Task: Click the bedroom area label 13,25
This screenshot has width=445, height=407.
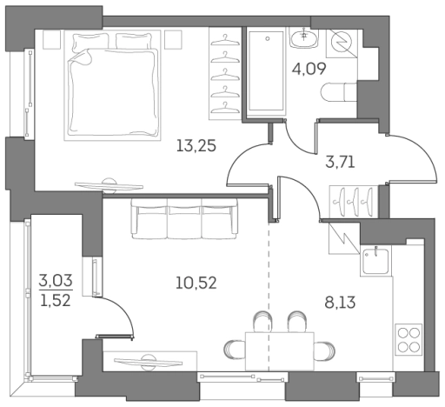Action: [x=196, y=145]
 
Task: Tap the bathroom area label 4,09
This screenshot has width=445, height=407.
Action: [x=309, y=69]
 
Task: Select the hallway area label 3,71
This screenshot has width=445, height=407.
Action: [x=340, y=162]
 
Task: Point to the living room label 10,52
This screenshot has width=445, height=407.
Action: [x=196, y=283]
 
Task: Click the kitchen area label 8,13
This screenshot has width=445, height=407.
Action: [x=340, y=303]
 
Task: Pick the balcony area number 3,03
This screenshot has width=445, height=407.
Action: [x=56, y=281]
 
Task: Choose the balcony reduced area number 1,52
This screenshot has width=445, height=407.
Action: [x=56, y=301]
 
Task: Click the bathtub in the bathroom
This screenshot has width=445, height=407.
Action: [x=266, y=71]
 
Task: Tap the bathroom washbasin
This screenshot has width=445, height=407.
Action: [x=303, y=37]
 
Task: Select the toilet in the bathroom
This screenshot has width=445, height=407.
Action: [x=339, y=92]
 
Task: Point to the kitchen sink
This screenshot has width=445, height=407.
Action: [x=375, y=261]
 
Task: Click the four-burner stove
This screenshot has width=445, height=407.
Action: [x=408, y=339]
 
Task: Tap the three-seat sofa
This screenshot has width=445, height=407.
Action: [x=184, y=218]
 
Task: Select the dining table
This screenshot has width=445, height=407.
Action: [x=280, y=351]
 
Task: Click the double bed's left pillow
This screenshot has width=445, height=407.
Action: [x=90, y=41]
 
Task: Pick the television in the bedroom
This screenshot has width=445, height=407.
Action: [x=109, y=186]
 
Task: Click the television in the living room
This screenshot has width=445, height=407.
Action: [x=148, y=362]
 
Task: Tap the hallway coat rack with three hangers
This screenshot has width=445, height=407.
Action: [x=354, y=202]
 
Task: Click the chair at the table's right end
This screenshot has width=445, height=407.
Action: [x=325, y=350]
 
